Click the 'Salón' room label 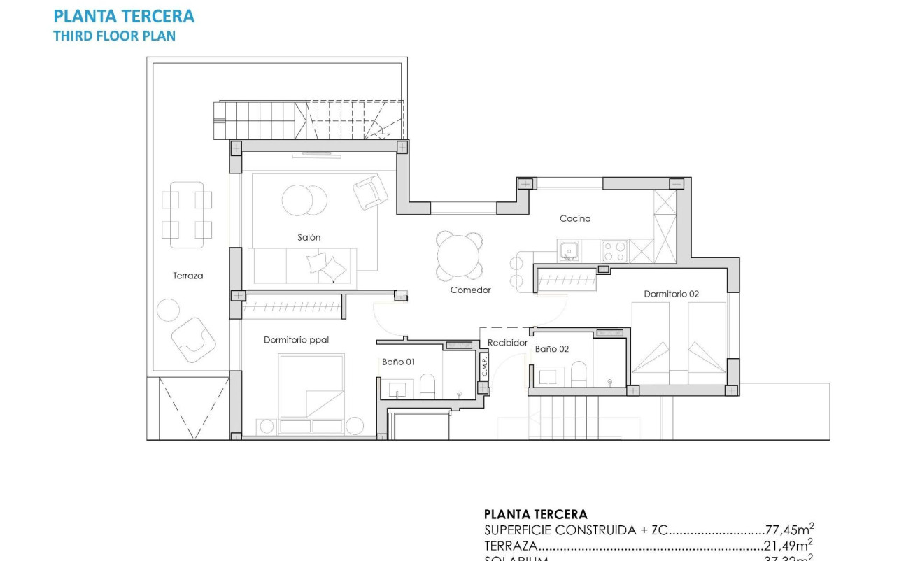309,238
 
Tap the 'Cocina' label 575,219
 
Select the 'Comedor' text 470,290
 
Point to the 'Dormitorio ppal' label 296,340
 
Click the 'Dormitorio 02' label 671,294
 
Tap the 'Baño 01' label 398,362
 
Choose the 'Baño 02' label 552,349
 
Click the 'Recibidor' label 507,343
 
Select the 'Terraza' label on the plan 188,276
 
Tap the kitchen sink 569,250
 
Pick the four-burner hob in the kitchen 615,250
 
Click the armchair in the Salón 370,192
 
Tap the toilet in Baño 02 579,374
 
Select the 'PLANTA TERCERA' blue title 124,16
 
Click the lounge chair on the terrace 194,340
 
